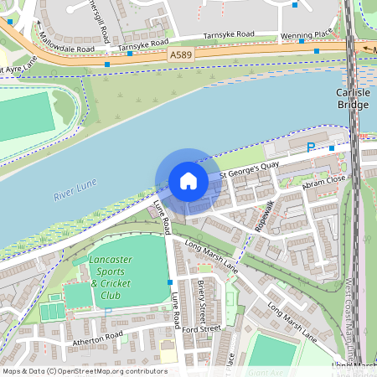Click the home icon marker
tap(188, 181)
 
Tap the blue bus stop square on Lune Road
tap(170, 281)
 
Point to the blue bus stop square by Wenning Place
tap(317, 50)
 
